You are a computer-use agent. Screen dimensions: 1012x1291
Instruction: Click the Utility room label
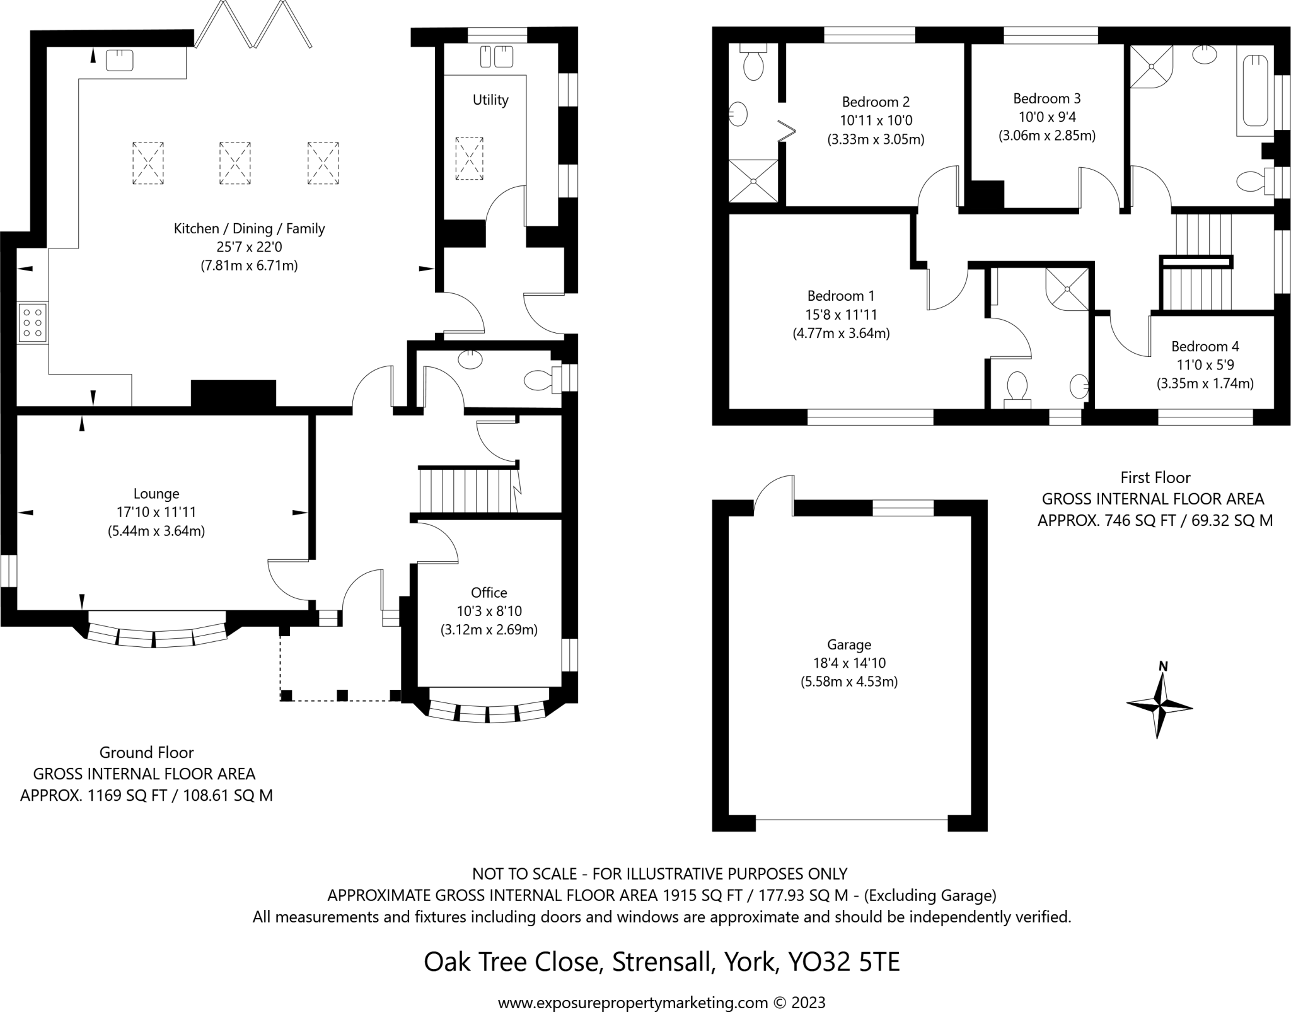pyautogui.click(x=490, y=100)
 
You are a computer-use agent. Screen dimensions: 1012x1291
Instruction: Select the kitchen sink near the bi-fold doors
pyautogui.click(x=119, y=61)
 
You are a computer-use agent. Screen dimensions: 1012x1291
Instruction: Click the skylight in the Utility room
pyautogui.click(x=469, y=158)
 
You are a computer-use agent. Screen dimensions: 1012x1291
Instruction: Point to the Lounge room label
pyautogui.click(x=156, y=494)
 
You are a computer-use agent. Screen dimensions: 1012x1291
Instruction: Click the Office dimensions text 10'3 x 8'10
pyautogui.click(x=489, y=611)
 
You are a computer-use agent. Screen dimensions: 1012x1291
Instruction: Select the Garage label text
pyautogui.click(x=849, y=644)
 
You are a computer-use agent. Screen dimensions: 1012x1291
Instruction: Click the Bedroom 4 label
pyautogui.click(x=1205, y=346)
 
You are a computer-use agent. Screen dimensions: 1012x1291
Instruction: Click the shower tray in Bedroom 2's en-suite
pyautogui.click(x=753, y=181)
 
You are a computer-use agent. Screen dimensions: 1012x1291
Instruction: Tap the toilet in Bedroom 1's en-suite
pyautogui.click(x=1017, y=388)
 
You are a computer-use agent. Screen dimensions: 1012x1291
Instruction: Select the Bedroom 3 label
pyautogui.click(x=1046, y=98)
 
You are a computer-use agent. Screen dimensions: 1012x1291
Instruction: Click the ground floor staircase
pyautogui.click(x=467, y=490)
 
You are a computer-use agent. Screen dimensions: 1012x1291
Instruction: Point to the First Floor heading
pyautogui.click(x=1155, y=477)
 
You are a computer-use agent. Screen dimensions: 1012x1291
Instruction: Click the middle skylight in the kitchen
pyautogui.click(x=234, y=163)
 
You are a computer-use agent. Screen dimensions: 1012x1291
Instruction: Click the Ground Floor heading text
pyautogui.click(x=146, y=752)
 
